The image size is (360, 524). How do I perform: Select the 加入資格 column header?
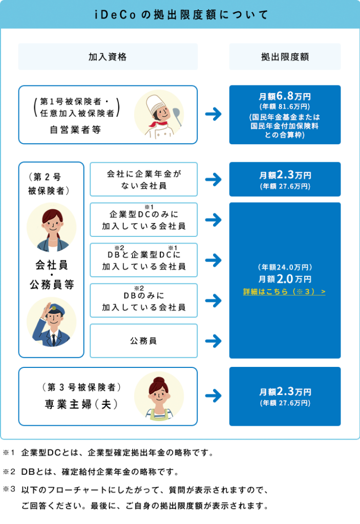click(108, 57)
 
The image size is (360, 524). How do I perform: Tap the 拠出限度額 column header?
click(285, 57)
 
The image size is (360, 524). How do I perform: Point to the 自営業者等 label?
click(75, 130)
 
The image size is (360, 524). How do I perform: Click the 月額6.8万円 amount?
click(285, 96)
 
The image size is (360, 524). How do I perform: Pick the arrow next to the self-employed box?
click(213, 114)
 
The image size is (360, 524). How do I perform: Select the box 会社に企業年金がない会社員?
click(143, 180)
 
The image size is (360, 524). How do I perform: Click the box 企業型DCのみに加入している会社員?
click(143, 220)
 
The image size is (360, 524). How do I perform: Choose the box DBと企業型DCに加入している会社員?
click(143, 260)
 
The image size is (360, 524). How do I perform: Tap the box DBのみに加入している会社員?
click(143, 300)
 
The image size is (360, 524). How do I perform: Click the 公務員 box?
click(143, 341)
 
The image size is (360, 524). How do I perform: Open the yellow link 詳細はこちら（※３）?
click(284, 292)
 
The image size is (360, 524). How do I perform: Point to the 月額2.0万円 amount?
click(285, 279)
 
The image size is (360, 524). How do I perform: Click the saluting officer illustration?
click(51, 322)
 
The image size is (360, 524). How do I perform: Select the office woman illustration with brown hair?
click(51, 228)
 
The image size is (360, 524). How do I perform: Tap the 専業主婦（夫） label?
click(81, 404)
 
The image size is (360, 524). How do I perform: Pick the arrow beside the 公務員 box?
click(213, 341)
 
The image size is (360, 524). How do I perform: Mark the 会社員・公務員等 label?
click(51, 275)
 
